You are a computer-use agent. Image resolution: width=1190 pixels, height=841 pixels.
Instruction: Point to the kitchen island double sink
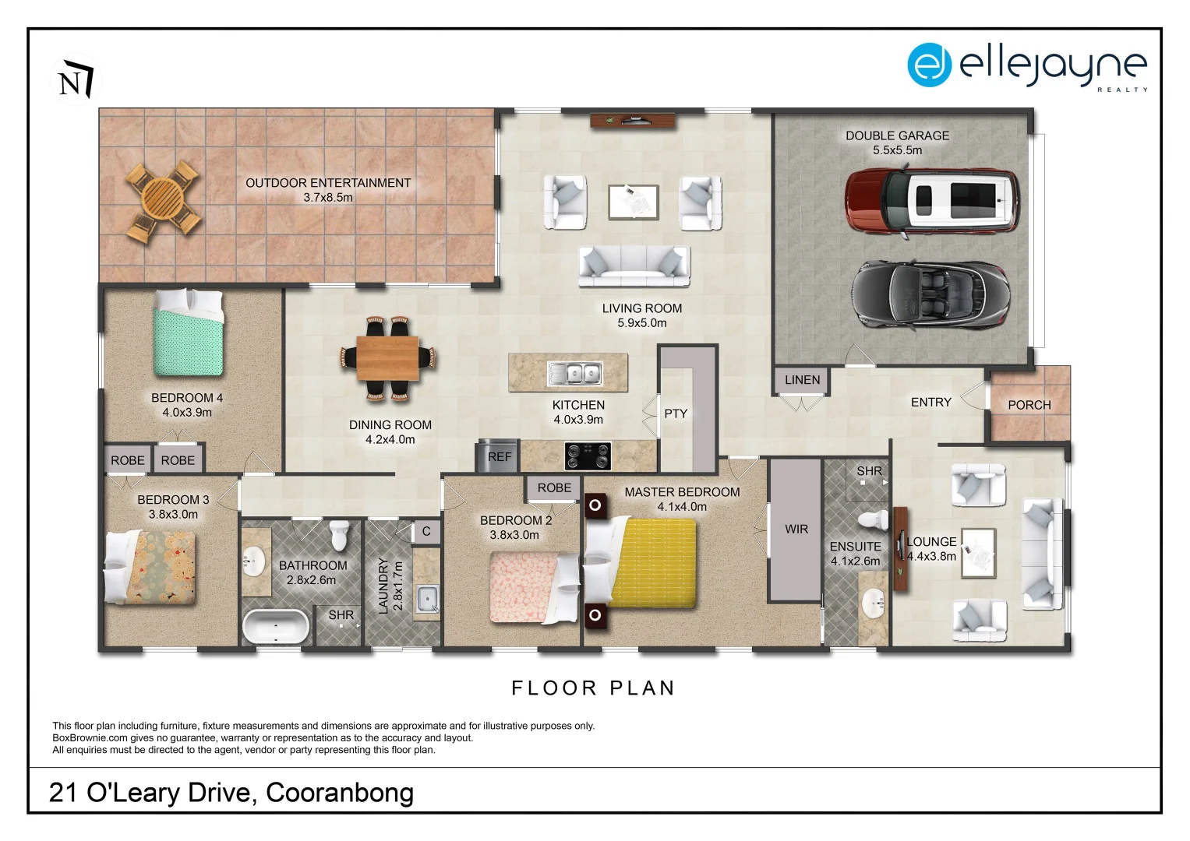click(x=575, y=374)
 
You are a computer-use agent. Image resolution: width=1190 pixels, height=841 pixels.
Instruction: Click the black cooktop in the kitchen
click(x=588, y=456)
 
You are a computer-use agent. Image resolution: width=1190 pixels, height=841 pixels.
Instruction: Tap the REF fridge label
click(x=500, y=456)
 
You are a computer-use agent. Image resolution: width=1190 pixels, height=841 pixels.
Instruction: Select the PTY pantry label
click(x=676, y=413)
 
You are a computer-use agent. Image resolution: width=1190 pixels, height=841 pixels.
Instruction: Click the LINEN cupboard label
click(x=802, y=380)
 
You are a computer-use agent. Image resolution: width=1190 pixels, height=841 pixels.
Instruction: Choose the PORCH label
click(x=1029, y=405)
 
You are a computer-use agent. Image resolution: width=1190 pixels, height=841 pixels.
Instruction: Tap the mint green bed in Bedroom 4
click(x=188, y=333)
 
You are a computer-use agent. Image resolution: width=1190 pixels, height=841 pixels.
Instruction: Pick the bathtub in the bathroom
click(x=276, y=627)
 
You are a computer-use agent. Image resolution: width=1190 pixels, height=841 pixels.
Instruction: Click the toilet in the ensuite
click(x=873, y=520)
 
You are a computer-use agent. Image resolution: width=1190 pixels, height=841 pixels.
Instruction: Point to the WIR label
click(x=796, y=530)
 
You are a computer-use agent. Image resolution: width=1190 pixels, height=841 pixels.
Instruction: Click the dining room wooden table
click(x=387, y=358)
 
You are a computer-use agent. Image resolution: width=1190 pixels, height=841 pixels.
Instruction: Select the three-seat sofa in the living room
click(x=634, y=266)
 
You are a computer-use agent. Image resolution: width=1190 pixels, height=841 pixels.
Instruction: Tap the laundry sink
click(x=426, y=599)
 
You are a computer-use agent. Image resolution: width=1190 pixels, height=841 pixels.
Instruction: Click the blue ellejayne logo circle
click(x=929, y=65)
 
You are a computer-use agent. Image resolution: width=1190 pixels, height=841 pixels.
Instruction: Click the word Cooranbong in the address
click(x=340, y=793)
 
